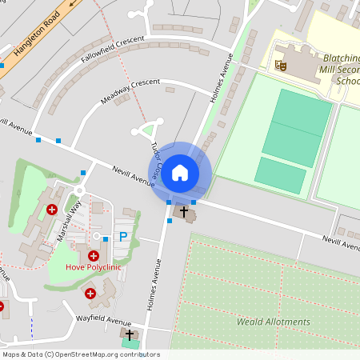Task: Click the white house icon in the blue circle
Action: (180, 172)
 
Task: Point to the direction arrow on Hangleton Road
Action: (74, 4)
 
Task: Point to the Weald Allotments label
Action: (274, 322)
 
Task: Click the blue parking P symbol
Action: (122, 236)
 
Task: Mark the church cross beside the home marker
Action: (185, 212)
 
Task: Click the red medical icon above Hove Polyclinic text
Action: (94, 256)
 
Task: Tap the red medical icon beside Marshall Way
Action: (52, 210)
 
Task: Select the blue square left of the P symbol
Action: (105, 238)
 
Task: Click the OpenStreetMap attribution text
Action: (80, 354)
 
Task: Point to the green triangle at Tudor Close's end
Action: (147, 129)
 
